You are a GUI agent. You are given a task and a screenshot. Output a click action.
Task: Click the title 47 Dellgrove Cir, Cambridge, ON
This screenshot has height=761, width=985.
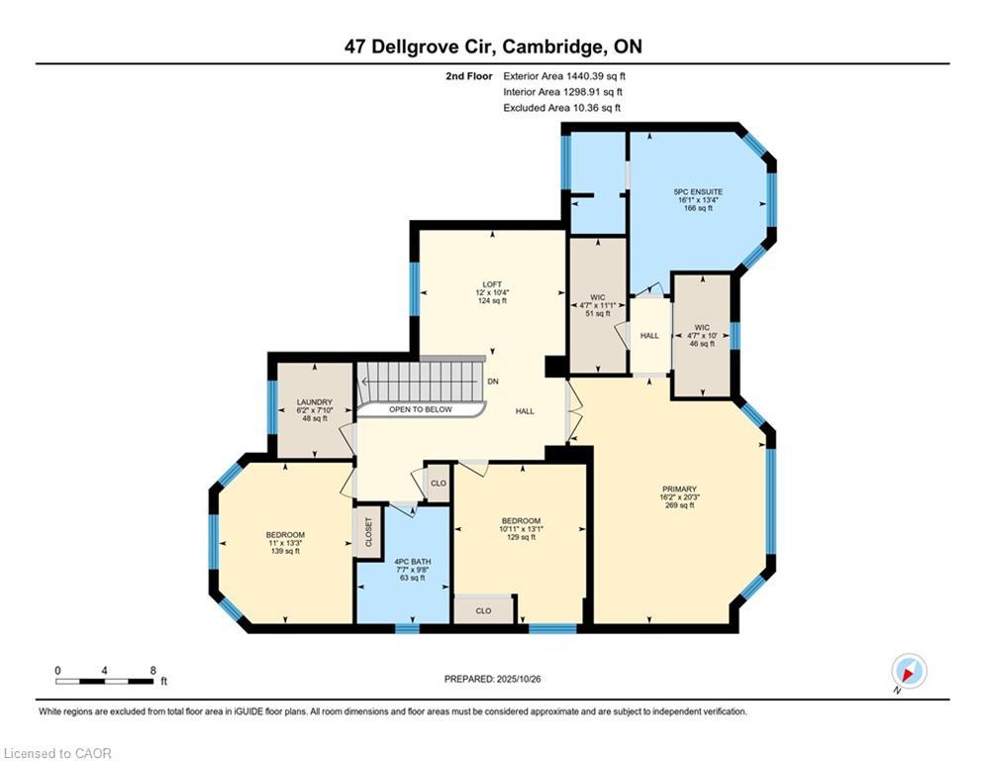[492, 47]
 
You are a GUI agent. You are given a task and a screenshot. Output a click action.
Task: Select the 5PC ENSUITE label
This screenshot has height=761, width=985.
[698, 191]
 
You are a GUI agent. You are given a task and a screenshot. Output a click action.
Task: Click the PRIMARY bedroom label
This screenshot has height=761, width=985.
[679, 489]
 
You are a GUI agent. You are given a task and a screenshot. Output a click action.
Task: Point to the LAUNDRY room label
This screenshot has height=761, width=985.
[314, 402]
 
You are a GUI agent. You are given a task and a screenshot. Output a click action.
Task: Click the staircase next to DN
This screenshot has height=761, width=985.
[422, 381]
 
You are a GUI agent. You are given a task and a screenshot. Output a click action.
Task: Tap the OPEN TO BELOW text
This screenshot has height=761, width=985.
[420, 409]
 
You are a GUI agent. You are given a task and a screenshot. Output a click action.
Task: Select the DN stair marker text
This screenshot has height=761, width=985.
[493, 382]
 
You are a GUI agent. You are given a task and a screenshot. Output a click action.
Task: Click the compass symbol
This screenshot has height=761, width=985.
[908, 671]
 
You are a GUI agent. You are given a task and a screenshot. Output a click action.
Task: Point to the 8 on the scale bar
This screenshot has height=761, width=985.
[152, 670]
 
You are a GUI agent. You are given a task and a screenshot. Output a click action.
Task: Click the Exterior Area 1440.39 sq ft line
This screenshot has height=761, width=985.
[564, 75]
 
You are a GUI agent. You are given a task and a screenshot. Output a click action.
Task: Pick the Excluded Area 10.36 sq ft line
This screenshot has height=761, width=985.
[561, 107]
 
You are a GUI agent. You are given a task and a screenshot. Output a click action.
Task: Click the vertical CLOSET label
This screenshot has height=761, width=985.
[368, 533]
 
